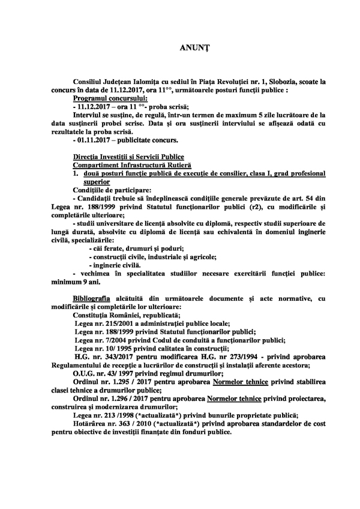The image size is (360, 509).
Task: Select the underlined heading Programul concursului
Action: (x=110, y=97)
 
